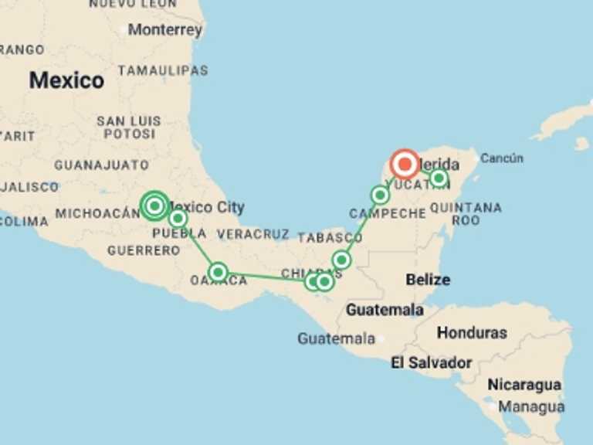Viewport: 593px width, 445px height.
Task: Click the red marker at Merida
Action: click(405, 165)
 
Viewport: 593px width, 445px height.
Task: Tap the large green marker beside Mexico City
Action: click(154, 206)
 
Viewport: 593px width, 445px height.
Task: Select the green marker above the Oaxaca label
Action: click(218, 271)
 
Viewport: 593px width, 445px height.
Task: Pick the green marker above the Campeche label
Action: click(380, 195)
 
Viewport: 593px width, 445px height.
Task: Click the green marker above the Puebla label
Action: click(178, 219)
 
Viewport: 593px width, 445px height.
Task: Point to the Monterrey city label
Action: click(165, 30)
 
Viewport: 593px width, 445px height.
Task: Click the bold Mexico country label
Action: click(66, 80)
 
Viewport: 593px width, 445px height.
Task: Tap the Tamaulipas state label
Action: click(163, 70)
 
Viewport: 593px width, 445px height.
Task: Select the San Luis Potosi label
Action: click(129, 127)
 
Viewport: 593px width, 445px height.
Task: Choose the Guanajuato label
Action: click(101, 165)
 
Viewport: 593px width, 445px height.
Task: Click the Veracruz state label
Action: click(252, 233)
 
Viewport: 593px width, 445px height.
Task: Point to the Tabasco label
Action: click(330, 238)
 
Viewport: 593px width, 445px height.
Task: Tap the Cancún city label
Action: click(502, 158)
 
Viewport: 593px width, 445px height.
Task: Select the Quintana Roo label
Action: click(466, 214)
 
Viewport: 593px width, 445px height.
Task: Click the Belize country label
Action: click(428, 279)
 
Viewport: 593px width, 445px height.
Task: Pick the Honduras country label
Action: click(472, 333)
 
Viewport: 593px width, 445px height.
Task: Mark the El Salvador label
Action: click(431, 362)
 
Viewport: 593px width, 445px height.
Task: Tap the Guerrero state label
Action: click(144, 250)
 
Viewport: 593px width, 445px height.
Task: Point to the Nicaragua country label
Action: click(524, 385)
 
